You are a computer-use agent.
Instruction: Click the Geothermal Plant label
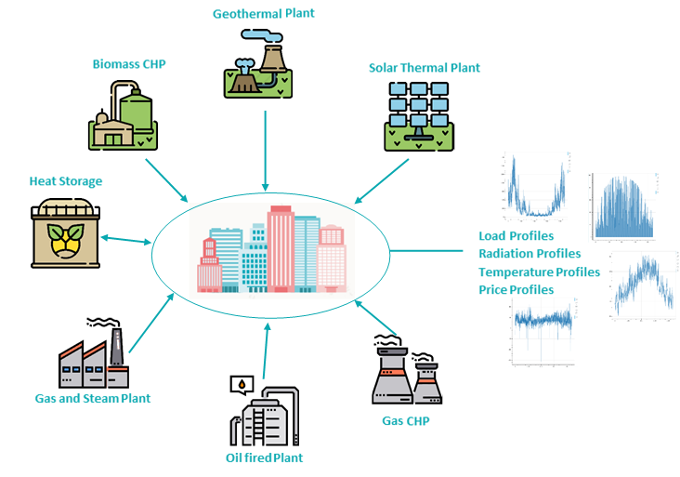click(x=263, y=14)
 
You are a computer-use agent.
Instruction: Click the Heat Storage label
click(x=65, y=181)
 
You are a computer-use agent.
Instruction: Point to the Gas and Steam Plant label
click(x=93, y=398)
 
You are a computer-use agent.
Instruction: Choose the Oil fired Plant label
click(x=265, y=457)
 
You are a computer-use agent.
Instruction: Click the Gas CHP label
click(x=406, y=420)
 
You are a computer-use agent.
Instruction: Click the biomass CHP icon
click(x=124, y=115)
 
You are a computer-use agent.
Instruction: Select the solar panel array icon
click(x=420, y=115)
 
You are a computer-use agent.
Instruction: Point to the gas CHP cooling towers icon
click(x=405, y=372)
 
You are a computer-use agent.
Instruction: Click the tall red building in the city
click(x=281, y=246)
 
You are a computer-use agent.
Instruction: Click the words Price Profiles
click(x=517, y=290)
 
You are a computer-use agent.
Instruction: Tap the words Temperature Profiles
click(x=539, y=272)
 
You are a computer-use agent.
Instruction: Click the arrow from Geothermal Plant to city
click(x=267, y=149)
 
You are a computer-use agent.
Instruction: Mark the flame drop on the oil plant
click(x=242, y=383)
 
